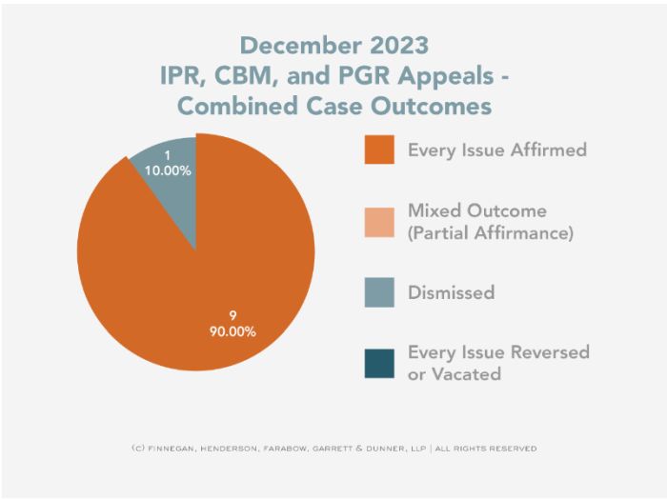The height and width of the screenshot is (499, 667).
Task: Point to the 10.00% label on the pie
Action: click(168, 171)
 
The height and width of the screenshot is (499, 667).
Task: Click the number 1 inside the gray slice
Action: click(168, 156)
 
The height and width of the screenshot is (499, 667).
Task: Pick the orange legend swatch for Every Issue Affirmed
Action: click(378, 150)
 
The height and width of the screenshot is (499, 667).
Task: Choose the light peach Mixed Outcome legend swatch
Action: click(378, 221)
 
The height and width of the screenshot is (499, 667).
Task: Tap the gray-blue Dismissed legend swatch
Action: click(378, 291)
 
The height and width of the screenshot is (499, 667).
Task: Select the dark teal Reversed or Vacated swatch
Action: click(378, 363)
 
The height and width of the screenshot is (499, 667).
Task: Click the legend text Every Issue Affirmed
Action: click(496, 150)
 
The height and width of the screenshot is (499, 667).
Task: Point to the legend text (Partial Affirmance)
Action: click(490, 232)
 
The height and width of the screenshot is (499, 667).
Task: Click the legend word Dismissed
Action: click(451, 292)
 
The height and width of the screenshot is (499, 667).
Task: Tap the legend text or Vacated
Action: click(454, 374)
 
